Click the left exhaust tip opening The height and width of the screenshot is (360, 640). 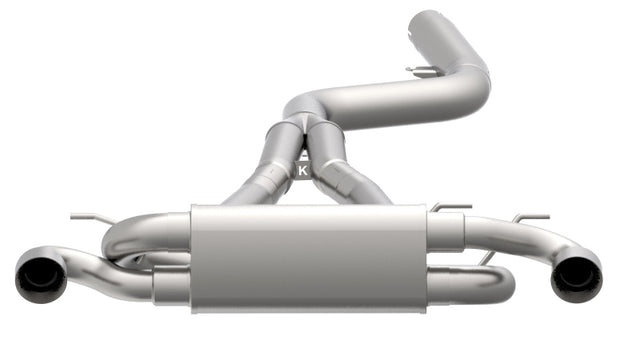click(40, 275)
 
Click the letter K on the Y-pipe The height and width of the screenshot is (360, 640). click(303, 171)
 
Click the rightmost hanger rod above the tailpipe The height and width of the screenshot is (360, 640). click(530, 217)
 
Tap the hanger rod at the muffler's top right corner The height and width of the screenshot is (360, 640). click(450, 208)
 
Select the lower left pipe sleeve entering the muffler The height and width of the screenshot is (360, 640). click(171, 288)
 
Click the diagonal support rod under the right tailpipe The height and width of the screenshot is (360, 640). click(485, 258)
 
